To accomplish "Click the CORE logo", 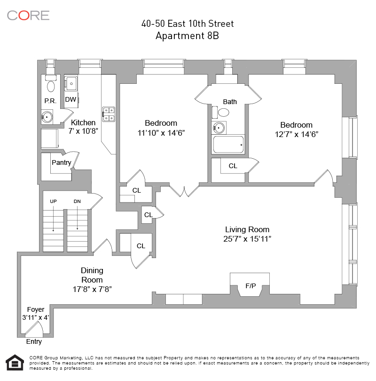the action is [x=28, y=16].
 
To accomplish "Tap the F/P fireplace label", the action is [x=251, y=286].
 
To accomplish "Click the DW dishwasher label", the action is [x=70, y=99].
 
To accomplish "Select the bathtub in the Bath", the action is [x=228, y=144].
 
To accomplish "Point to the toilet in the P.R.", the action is [x=51, y=84].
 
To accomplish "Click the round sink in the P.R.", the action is [x=47, y=117].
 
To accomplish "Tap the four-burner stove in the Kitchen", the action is [x=109, y=114].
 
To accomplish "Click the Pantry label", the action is [x=61, y=162].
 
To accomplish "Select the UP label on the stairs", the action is [x=53, y=202].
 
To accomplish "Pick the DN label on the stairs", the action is [x=77, y=202].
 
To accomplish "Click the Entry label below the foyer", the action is [x=34, y=341].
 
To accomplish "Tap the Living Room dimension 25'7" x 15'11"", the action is [x=247, y=239].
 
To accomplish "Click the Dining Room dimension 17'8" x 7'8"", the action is [x=92, y=289].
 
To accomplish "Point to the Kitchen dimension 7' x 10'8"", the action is [x=83, y=131].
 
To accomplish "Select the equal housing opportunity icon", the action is [x=15, y=363].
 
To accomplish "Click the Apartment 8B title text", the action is [x=187, y=36].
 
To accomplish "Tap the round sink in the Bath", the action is [x=219, y=128].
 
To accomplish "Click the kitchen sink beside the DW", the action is [x=71, y=83].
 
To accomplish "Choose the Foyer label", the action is [x=36, y=309].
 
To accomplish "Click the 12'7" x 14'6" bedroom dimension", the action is [x=296, y=134].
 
